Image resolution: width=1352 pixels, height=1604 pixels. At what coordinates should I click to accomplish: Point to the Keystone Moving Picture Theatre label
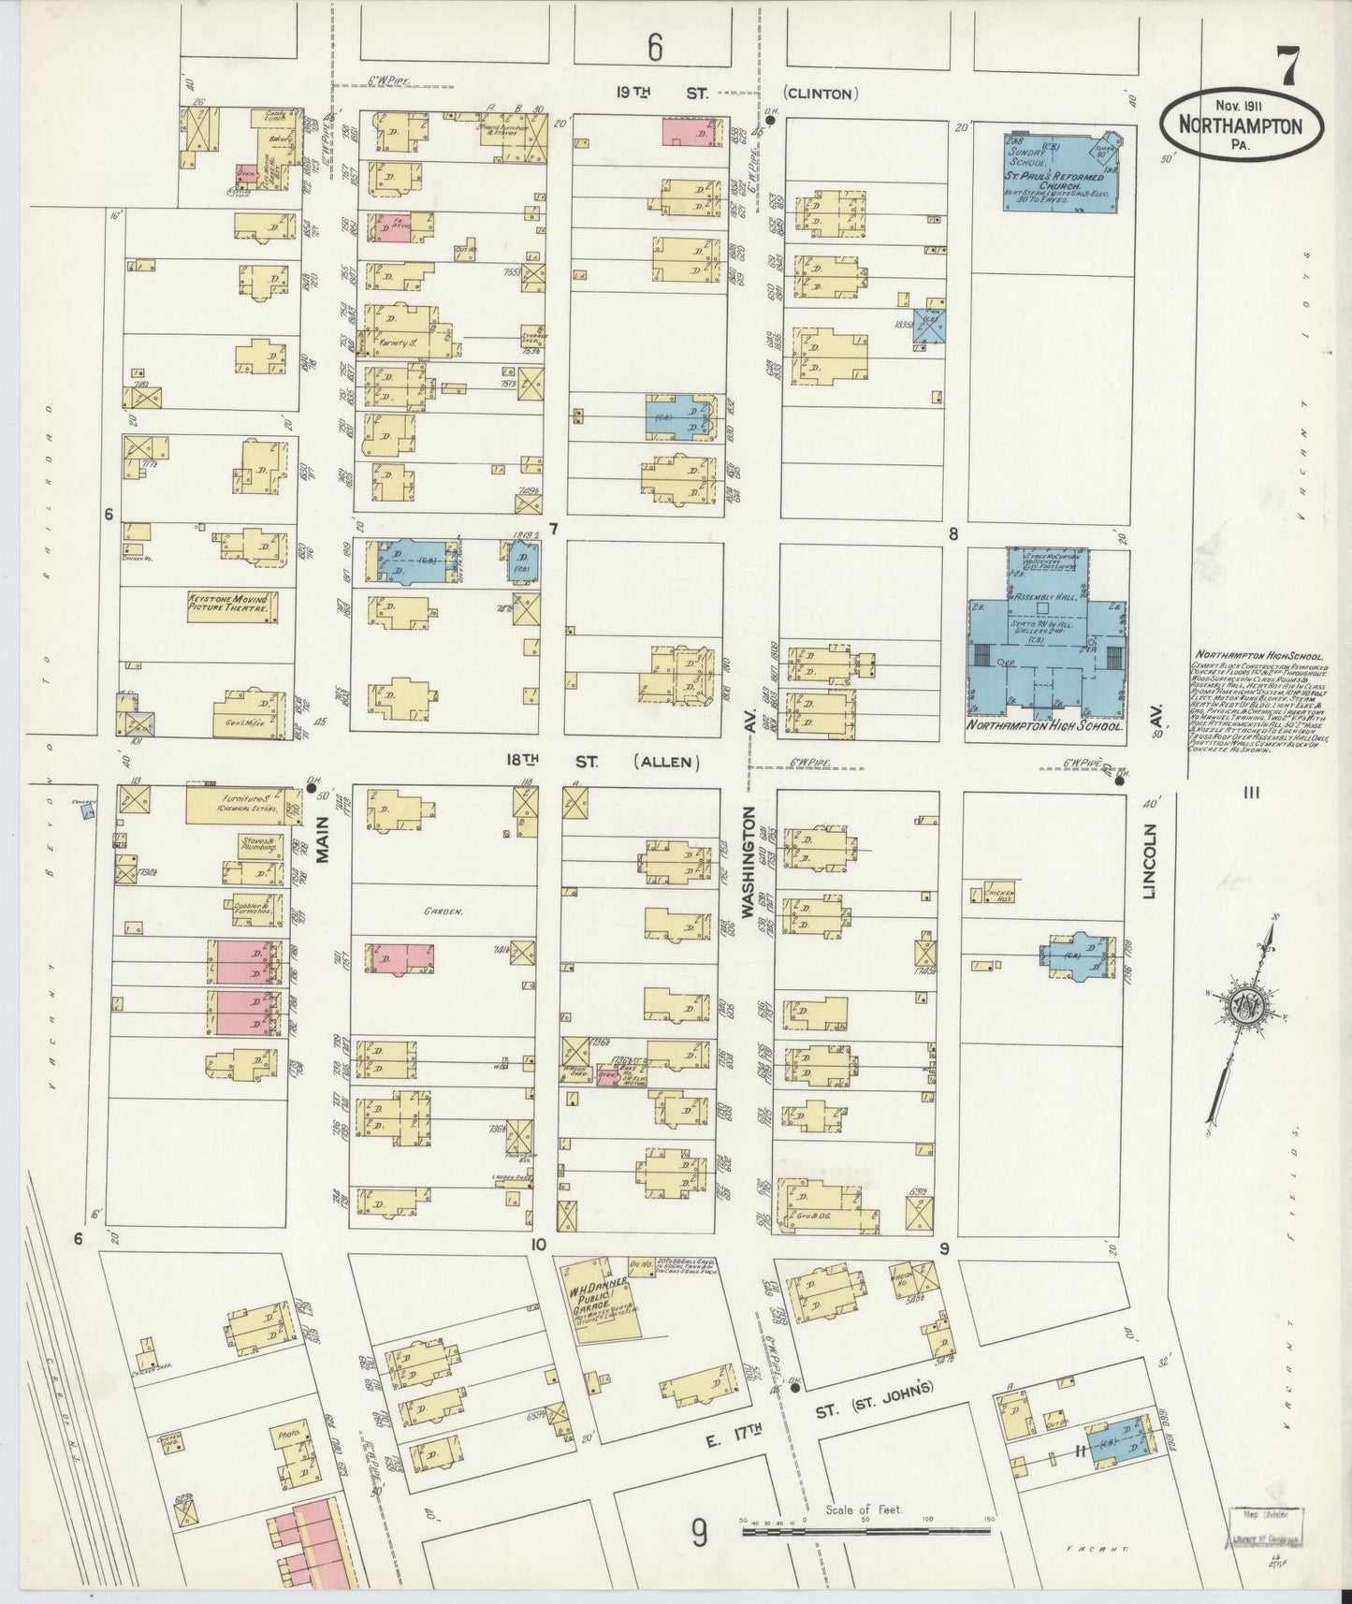coord(230,604)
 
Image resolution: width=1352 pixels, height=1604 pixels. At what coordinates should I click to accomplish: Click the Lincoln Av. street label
coord(1151,861)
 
